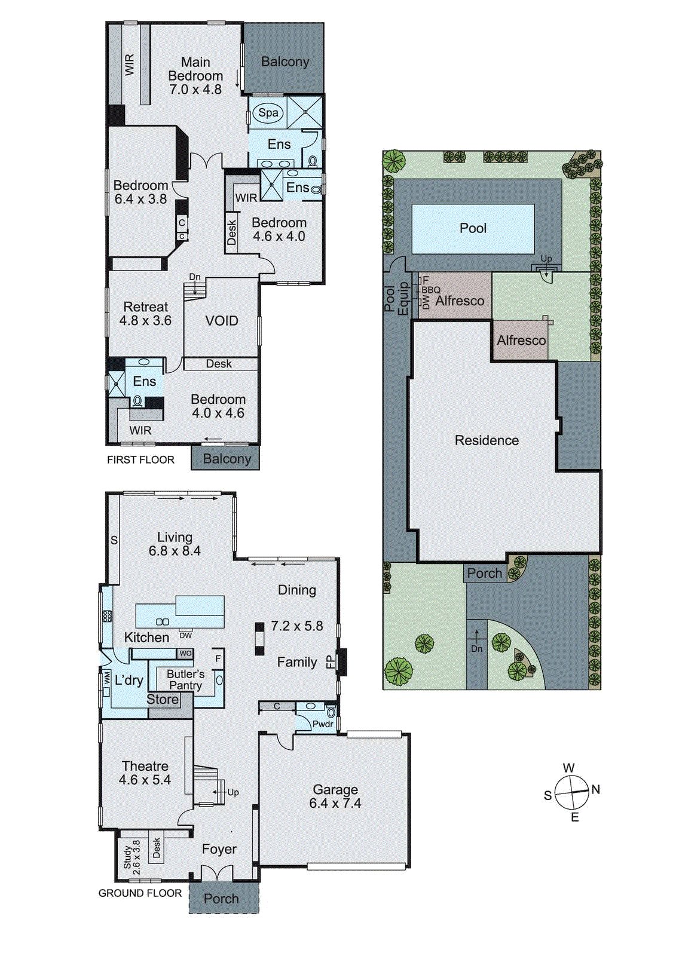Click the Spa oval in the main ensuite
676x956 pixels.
(268, 112)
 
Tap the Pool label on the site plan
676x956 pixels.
(473, 228)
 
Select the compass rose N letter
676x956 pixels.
(595, 789)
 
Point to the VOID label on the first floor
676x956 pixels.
(222, 321)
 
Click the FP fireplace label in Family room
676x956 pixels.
(330, 662)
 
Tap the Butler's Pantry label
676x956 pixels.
(185, 679)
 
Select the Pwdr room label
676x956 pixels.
(323, 724)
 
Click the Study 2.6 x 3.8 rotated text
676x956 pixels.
(132, 857)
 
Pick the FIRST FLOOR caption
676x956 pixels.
(140, 459)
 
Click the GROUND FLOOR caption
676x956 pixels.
(140, 893)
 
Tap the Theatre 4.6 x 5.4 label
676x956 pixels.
(145, 773)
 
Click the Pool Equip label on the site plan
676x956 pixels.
(396, 299)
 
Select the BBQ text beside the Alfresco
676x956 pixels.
(431, 290)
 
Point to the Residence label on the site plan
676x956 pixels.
(487, 440)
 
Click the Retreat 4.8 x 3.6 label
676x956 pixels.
(145, 314)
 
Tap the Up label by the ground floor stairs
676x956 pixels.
(233, 792)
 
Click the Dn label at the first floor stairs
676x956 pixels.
(195, 277)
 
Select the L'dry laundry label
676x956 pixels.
(129, 680)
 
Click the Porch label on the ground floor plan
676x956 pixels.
(221, 899)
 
